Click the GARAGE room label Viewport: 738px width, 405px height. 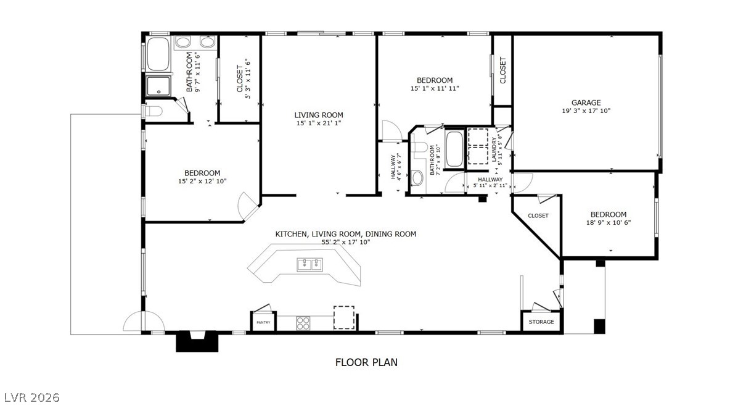click(586, 102)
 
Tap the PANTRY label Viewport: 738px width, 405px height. click(264, 322)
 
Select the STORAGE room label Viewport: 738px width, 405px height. click(541, 322)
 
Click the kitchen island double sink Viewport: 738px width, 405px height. click(310, 264)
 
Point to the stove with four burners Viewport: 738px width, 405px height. click(303, 323)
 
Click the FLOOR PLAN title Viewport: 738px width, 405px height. click(366, 362)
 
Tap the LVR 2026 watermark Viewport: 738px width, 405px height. click(31, 398)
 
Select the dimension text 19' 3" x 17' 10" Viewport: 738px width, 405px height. click(586, 111)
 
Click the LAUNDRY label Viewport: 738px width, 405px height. click(494, 149)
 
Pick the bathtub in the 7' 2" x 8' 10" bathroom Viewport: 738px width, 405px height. click(454, 149)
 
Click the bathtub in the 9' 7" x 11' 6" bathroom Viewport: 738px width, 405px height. click(158, 54)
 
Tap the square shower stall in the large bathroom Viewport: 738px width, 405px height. click(158, 86)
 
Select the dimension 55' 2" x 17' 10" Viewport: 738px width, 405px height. click(346, 243)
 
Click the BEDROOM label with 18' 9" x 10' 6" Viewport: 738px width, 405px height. click(609, 214)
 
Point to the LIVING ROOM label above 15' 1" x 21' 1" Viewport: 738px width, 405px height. click(319, 115)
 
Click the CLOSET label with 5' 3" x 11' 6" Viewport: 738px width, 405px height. click(240, 79)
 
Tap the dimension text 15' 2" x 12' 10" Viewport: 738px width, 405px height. click(202, 181)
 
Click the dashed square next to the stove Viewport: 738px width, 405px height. click(344, 318)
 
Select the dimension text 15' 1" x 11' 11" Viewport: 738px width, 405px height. click(435, 88)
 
